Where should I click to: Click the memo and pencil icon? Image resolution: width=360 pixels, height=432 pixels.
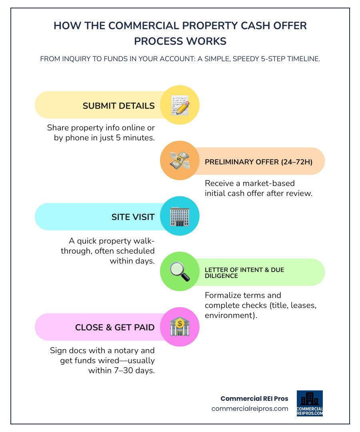[180, 105]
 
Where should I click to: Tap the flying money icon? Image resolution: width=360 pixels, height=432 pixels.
[180, 161]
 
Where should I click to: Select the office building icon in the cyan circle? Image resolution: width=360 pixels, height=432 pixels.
[180, 216]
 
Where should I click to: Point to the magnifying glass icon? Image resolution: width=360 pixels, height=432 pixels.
[180, 272]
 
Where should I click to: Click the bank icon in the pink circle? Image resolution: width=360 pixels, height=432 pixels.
[180, 327]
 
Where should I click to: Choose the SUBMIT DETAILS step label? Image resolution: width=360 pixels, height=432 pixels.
[118, 106]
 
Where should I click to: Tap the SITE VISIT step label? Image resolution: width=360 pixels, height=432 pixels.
[133, 217]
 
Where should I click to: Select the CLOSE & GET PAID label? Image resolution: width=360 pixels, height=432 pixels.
[115, 328]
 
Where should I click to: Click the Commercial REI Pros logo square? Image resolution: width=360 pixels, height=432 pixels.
[310, 403]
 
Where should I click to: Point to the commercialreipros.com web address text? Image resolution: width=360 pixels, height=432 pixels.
[250, 408]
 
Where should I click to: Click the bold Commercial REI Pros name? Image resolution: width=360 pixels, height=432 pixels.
[255, 398]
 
